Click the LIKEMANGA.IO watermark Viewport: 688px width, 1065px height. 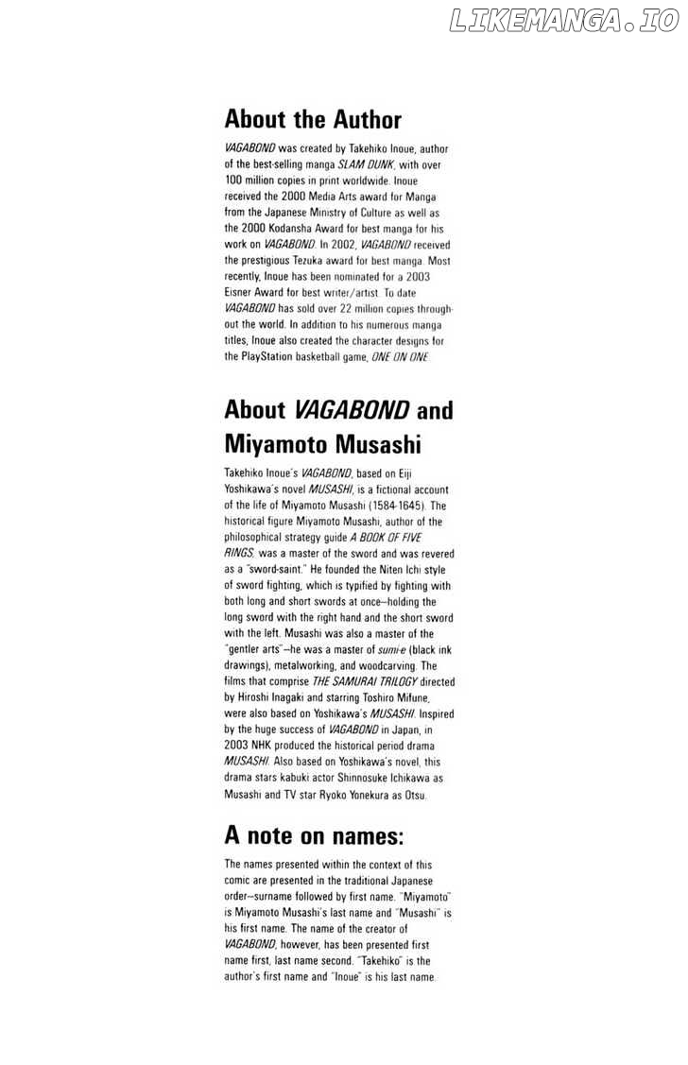563,21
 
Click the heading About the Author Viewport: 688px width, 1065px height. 313,120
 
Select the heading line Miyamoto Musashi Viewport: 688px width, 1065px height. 322,443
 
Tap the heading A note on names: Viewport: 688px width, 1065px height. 314,835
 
